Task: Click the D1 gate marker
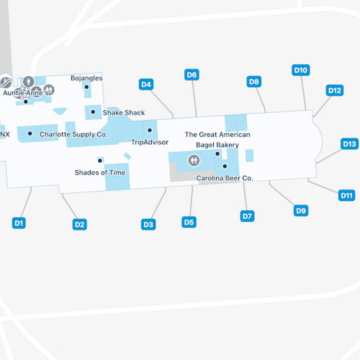click(19, 223)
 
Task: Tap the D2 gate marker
click(80, 224)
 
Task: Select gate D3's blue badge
click(148, 224)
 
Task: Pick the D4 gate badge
click(146, 84)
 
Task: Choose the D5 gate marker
click(189, 222)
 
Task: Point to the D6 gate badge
click(192, 75)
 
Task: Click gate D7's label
click(247, 216)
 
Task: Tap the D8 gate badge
click(254, 82)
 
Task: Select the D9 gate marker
click(301, 210)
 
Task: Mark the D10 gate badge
click(301, 70)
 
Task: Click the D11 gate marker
click(347, 195)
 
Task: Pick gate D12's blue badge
click(335, 90)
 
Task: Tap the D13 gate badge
click(349, 144)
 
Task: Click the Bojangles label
click(87, 78)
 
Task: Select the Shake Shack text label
click(124, 113)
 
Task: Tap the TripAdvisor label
click(150, 142)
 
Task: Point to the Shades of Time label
click(100, 173)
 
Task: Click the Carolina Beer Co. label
click(225, 178)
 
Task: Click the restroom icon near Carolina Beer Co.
click(194, 160)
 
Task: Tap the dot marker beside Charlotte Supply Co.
click(30, 134)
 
